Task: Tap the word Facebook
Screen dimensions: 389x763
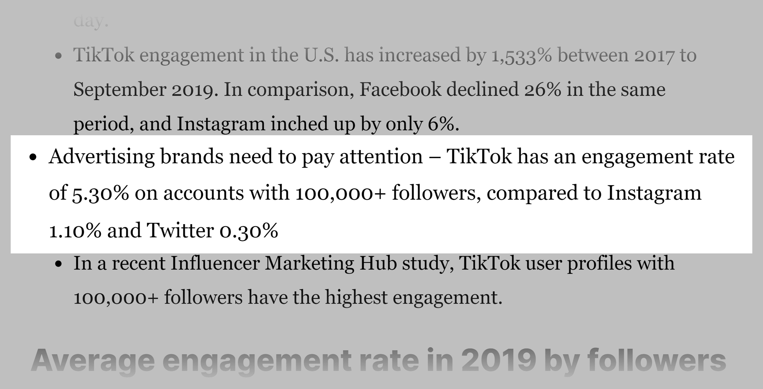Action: pos(400,90)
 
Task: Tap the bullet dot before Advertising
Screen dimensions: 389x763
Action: pos(33,158)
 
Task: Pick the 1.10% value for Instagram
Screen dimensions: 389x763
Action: pos(75,231)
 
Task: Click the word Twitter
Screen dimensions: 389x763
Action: pos(180,230)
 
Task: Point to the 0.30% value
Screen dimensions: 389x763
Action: pos(248,231)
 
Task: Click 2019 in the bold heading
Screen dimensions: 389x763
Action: pos(499,361)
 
